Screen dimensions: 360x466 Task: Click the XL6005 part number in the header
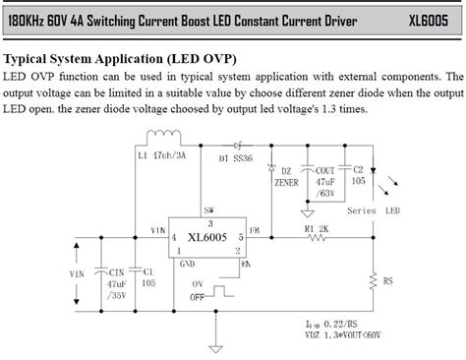(x=432, y=19)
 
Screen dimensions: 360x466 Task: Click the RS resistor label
(x=389, y=280)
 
